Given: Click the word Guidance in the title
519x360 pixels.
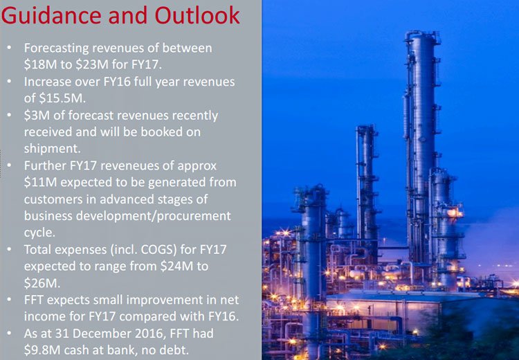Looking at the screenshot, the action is pyautogui.click(x=51, y=15).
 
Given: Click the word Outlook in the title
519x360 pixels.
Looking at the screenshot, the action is pyautogui.click(x=197, y=15).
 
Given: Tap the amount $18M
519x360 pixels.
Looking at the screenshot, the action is pyautogui.click(x=40, y=64).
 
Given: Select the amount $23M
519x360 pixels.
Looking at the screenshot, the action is pyautogui.click(x=92, y=64).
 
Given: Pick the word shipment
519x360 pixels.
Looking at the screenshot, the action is pyautogui.click(x=53, y=149).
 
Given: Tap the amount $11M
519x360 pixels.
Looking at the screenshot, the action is pyautogui.click(x=40, y=182).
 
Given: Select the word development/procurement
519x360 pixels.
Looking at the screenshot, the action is pyautogui.click(x=154, y=216).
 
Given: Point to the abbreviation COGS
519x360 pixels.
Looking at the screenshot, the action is pyautogui.click(x=158, y=249).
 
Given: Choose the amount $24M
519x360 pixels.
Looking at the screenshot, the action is pyautogui.click(x=176, y=266).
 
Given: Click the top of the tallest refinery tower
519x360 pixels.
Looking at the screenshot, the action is pyautogui.click(x=422, y=32).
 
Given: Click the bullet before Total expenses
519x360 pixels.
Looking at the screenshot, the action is pyautogui.click(x=9, y=249).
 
